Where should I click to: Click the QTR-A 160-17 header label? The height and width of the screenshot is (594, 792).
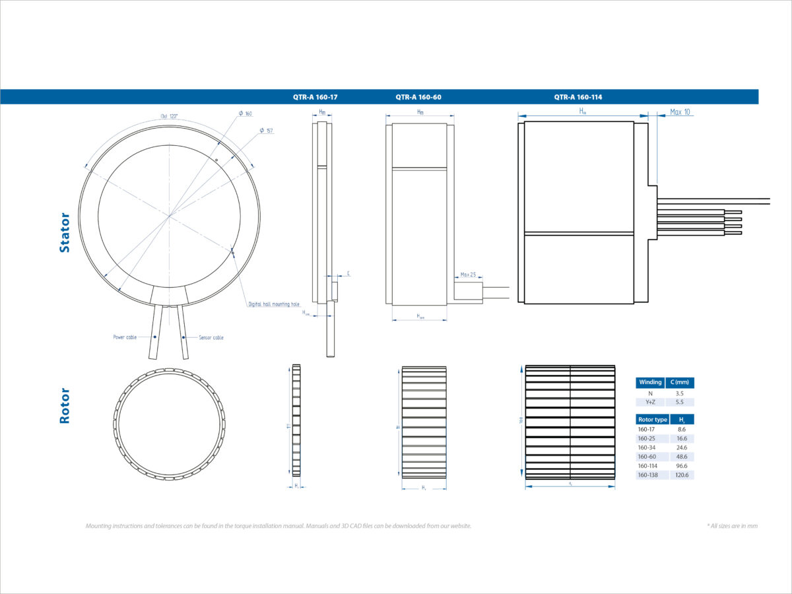315,97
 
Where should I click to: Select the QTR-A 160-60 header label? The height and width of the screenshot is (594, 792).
418,97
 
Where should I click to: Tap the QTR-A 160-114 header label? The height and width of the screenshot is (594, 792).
578,97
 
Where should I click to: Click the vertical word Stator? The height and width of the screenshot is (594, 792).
64,232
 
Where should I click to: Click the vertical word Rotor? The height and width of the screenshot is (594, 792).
64,405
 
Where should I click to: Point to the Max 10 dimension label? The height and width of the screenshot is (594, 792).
680,112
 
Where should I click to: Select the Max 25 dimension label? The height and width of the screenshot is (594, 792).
468,275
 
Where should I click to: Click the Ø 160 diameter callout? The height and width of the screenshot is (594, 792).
246,114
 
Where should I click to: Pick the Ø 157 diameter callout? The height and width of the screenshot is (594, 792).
267,131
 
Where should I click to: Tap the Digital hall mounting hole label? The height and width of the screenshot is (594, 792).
273,304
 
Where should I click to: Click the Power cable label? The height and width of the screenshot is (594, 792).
125,337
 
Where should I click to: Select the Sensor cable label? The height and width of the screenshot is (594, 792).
211,337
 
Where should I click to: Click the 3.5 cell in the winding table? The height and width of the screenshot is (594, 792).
679,393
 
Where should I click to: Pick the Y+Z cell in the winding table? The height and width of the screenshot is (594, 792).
650,402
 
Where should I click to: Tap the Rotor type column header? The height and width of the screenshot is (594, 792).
652,420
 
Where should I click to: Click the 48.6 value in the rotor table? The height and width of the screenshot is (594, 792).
681,457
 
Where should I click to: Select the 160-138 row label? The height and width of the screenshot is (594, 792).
647,475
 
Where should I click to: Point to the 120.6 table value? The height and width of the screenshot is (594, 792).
681,475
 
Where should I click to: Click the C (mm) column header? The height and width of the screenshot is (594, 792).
680,382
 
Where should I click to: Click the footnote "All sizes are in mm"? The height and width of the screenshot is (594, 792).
732,526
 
